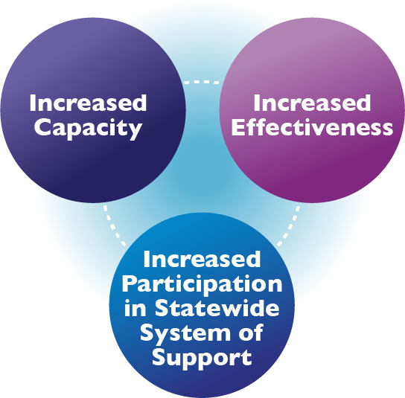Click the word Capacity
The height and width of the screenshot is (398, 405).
click(x=88, y=129)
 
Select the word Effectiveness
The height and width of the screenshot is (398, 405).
click(x=312, y=127)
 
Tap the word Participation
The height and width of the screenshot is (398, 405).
click(x=202, y=285)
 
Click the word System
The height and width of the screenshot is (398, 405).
click(x=185, y=334)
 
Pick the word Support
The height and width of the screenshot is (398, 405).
click(x=202, y=359)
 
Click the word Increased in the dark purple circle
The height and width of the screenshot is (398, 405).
click(x=88, y=103)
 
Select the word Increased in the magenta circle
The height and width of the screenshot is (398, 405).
click(x=312, y=103)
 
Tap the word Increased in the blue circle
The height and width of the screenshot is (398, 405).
click(x=202, y=259)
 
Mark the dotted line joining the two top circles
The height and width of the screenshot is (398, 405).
click(x=202, y=82)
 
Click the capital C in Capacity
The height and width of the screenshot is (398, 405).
click(x=42, y=126)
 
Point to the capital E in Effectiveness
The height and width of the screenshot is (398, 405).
click(x=238, y=127)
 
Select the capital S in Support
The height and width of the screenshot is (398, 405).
click(x=159, y=357)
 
